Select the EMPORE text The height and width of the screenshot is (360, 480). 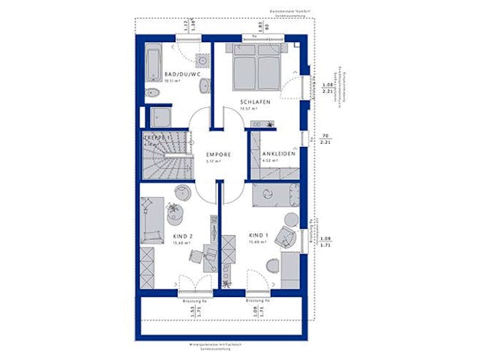tap(218, 154)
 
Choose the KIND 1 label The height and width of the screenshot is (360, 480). tap(256, 235)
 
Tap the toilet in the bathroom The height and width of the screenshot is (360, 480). tap(152, 94)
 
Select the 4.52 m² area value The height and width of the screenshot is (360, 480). tap(270, 160)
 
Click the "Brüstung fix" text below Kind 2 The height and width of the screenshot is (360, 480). tap(193, 301)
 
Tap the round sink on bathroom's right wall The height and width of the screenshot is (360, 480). tap(203, 60)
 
